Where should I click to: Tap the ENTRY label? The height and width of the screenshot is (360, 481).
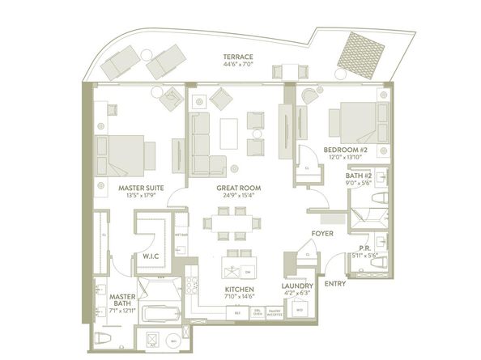pyautogui.click(x=334, y=283)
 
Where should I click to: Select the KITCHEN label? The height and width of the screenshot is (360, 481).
pyautogui.click(x=241, y=288)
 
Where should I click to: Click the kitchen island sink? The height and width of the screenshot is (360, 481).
pyautogui.click(x=232, y=268)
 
